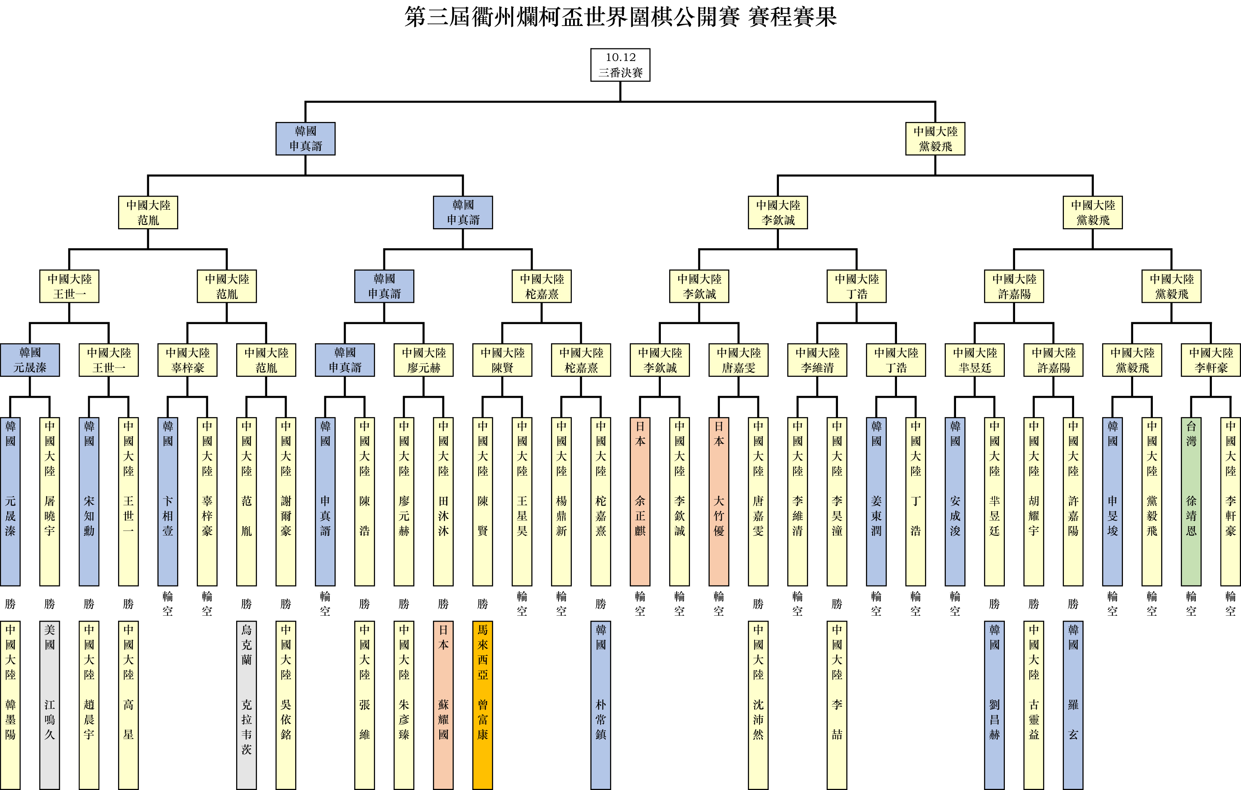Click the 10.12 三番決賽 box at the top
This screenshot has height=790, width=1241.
coord(620,65)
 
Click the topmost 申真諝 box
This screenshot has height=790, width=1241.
coord(305,138)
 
